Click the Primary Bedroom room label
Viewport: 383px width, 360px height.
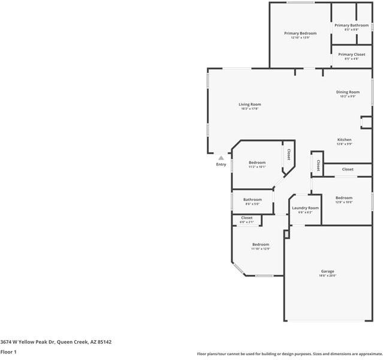click(300, 33)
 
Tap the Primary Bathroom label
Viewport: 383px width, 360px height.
click(351, 25)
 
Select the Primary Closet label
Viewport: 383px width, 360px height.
click(351, 54)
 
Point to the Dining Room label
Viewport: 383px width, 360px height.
click(348, 92)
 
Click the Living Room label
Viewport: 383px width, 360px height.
click(250, 104)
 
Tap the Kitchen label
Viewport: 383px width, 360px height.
click(344, 139)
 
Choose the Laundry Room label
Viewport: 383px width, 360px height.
click(305, 208)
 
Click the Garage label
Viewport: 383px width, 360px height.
click(327, 271)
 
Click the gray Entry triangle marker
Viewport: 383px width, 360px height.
click(221, 158)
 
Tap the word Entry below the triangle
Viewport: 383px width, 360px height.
click(221, 164)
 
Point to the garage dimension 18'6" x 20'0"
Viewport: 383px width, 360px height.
click(327, 275)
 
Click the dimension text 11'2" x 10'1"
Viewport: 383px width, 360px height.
click(257, 167)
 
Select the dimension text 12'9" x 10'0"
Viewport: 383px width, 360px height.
click(343, 202)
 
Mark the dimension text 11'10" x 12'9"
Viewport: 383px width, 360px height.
click(261, 248)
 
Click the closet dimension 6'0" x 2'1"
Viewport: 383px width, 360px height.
click(247, 222)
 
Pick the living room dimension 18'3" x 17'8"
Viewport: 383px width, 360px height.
click(250, 109)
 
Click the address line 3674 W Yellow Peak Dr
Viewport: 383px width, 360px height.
click(56, 341)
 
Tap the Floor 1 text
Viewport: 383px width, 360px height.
click(8, 352)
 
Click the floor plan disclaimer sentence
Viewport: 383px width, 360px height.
click(289, 354)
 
